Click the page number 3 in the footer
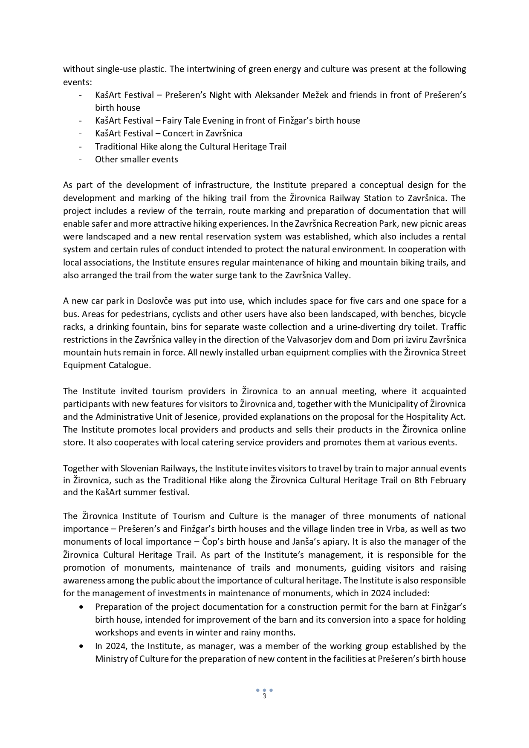264,696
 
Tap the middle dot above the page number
264,690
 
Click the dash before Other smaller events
80,159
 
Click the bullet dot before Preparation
81,607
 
